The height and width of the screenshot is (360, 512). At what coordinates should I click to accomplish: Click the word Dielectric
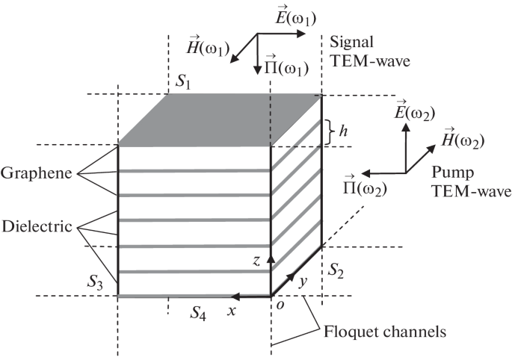tap(35, 224)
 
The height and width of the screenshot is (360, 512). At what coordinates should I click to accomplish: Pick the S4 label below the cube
tap(198, 313)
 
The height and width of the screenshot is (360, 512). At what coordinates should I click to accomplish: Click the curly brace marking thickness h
tap(330, 131)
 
